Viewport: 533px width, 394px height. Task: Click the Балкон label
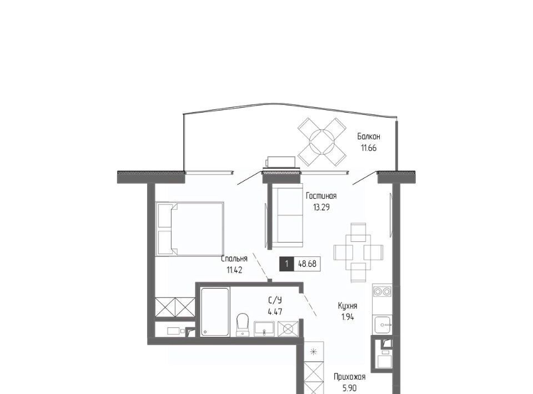tap(369, 137)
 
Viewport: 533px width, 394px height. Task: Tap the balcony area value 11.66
tap(369, 148)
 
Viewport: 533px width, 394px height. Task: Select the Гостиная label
tap(321, 196)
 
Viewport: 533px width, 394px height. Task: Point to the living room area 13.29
tap(321, 207)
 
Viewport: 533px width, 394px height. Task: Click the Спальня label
tap(234, 259)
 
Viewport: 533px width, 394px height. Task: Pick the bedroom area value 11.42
tap(234, 270)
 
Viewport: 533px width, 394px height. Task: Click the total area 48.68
tap(307, 264)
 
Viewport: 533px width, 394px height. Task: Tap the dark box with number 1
tap(287, 264)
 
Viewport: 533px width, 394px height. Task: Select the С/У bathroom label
tap(275, 300)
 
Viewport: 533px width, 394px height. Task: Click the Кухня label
tap(348, 306)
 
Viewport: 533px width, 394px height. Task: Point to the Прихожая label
tap(349, 377)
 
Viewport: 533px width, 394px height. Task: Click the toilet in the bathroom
tap(243, 325)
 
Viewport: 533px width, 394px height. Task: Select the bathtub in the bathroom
tap(215, 312)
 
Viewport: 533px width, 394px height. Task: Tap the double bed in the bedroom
tap(190, 229)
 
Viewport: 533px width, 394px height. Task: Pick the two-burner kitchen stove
tap(383, 291)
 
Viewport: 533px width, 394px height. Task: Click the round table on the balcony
tap(321, 142)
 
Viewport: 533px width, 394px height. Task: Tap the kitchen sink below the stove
tap(383, 325)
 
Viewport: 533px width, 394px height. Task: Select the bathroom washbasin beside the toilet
tap(264, 329)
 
